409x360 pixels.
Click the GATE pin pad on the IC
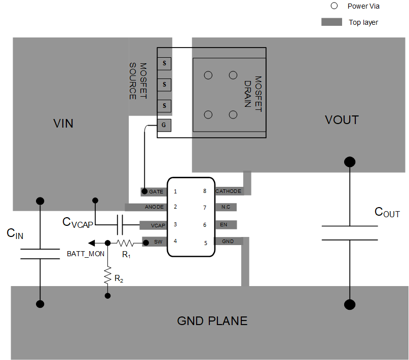(154, 192)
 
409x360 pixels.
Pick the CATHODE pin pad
(229, 191)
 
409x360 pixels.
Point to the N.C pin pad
(226, 207)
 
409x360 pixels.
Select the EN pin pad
(226, 224)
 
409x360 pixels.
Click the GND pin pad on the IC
(229, 242)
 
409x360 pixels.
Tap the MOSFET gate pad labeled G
(164, 125)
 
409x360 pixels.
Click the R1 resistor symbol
(125, 243)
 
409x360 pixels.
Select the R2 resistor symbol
(107, 275)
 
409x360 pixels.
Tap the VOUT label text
(342, 120)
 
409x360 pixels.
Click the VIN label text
(63, 123)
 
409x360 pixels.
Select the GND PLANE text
(212, 321)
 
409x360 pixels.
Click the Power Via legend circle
(333, 6)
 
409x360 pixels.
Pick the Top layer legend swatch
(332, 22)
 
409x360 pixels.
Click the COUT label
(387, 212)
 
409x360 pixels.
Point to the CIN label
(15, 234)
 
